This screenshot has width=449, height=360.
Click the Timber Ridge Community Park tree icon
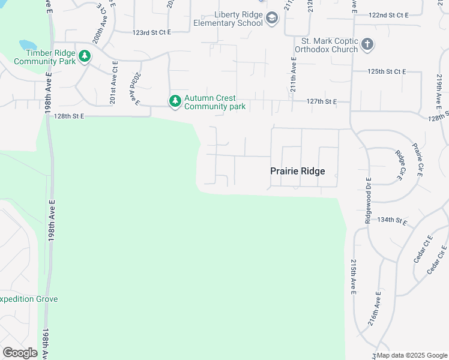[85, 56]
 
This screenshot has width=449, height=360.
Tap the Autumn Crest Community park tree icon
[175, 102]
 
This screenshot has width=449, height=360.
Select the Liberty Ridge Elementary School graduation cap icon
[272, 19]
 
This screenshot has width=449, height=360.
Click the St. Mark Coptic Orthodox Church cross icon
[367, 45]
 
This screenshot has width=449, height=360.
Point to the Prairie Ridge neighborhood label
[297, 172]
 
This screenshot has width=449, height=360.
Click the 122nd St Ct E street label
[388, 14]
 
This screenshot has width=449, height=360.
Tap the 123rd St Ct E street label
[151, 31]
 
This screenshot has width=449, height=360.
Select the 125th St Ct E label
[387, 71]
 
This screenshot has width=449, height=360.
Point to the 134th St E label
[393, 220]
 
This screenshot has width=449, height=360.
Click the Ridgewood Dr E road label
[368, 201]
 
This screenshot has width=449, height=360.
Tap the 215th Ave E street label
[353, 277]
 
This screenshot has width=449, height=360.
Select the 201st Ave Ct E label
[113, 88]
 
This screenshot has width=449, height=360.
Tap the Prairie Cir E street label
[417, 160]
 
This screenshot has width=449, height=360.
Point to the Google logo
[20, 353]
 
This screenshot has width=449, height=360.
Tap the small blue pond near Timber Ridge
[28, 46]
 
